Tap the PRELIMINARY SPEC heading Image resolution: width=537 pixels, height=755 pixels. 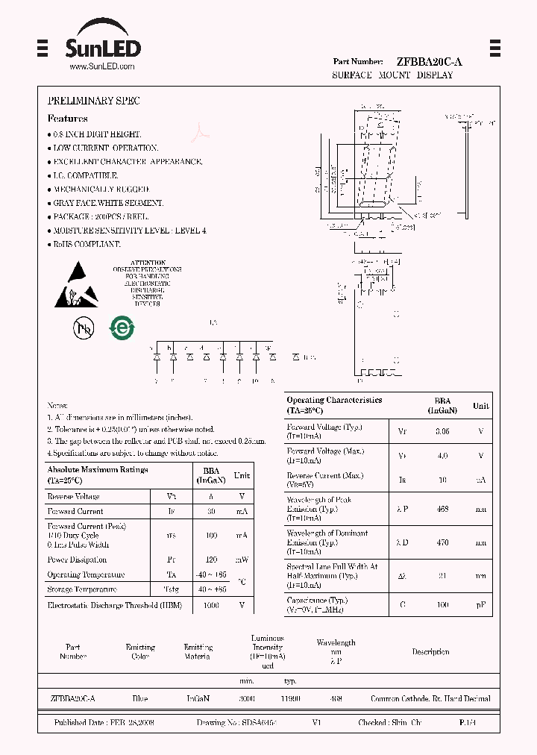point(93,101)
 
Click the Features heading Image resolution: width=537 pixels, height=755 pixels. point(67,119)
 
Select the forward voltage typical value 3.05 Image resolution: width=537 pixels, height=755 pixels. point(442,431)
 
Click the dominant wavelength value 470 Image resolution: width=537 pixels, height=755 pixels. point(442,542)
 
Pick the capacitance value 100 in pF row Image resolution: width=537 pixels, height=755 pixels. point(442,604)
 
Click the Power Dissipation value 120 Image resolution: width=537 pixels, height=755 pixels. point(211,560)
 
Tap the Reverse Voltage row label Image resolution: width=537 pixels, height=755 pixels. point(73,496)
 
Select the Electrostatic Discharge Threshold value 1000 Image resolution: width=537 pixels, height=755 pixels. point(211,605)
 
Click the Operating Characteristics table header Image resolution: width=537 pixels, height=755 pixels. point(334,405)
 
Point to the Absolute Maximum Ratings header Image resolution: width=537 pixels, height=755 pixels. point(98,474)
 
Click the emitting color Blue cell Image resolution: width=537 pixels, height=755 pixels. point(139,699)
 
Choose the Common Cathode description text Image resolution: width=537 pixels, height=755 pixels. point(430,699)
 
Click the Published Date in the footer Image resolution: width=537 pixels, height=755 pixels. point(104,723)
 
